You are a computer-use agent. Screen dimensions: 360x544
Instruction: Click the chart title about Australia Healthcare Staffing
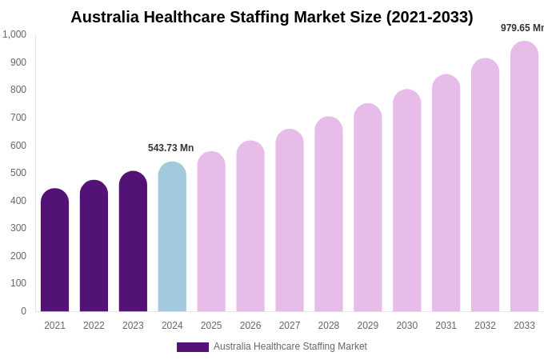[272, 17]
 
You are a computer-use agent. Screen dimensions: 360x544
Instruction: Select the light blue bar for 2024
[172, 237]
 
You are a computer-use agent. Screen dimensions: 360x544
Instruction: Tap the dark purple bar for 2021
[54, 250]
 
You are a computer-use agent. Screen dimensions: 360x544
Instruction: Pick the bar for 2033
[524, 177]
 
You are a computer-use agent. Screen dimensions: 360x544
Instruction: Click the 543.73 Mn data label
[170, 148]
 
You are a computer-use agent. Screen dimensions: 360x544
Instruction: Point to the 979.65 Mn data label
[522, 28]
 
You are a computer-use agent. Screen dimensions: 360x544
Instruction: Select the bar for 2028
[328, 214]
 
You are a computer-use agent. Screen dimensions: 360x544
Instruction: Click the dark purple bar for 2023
[133, 242]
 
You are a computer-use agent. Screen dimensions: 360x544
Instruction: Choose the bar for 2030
[406, 201]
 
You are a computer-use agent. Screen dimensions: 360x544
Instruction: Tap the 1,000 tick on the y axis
[14, 34]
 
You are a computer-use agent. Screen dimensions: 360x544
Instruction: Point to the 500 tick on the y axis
[18, 173]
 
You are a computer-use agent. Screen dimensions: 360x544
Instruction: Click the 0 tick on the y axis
[23, 311]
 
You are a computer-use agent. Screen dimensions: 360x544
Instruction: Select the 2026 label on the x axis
[250, 326]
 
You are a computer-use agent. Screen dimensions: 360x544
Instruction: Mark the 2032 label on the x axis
[485, 326]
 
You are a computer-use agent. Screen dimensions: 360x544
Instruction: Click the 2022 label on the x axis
[94, 326]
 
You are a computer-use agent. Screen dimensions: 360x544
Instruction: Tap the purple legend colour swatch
[192, 347]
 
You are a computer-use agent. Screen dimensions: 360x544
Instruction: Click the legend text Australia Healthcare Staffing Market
[290, 346]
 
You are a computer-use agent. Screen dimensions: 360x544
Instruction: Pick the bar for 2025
[211, 232]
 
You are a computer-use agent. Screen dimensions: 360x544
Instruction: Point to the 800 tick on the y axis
[18, 90]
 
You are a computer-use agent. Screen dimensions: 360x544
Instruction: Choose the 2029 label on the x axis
[367, 326]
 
